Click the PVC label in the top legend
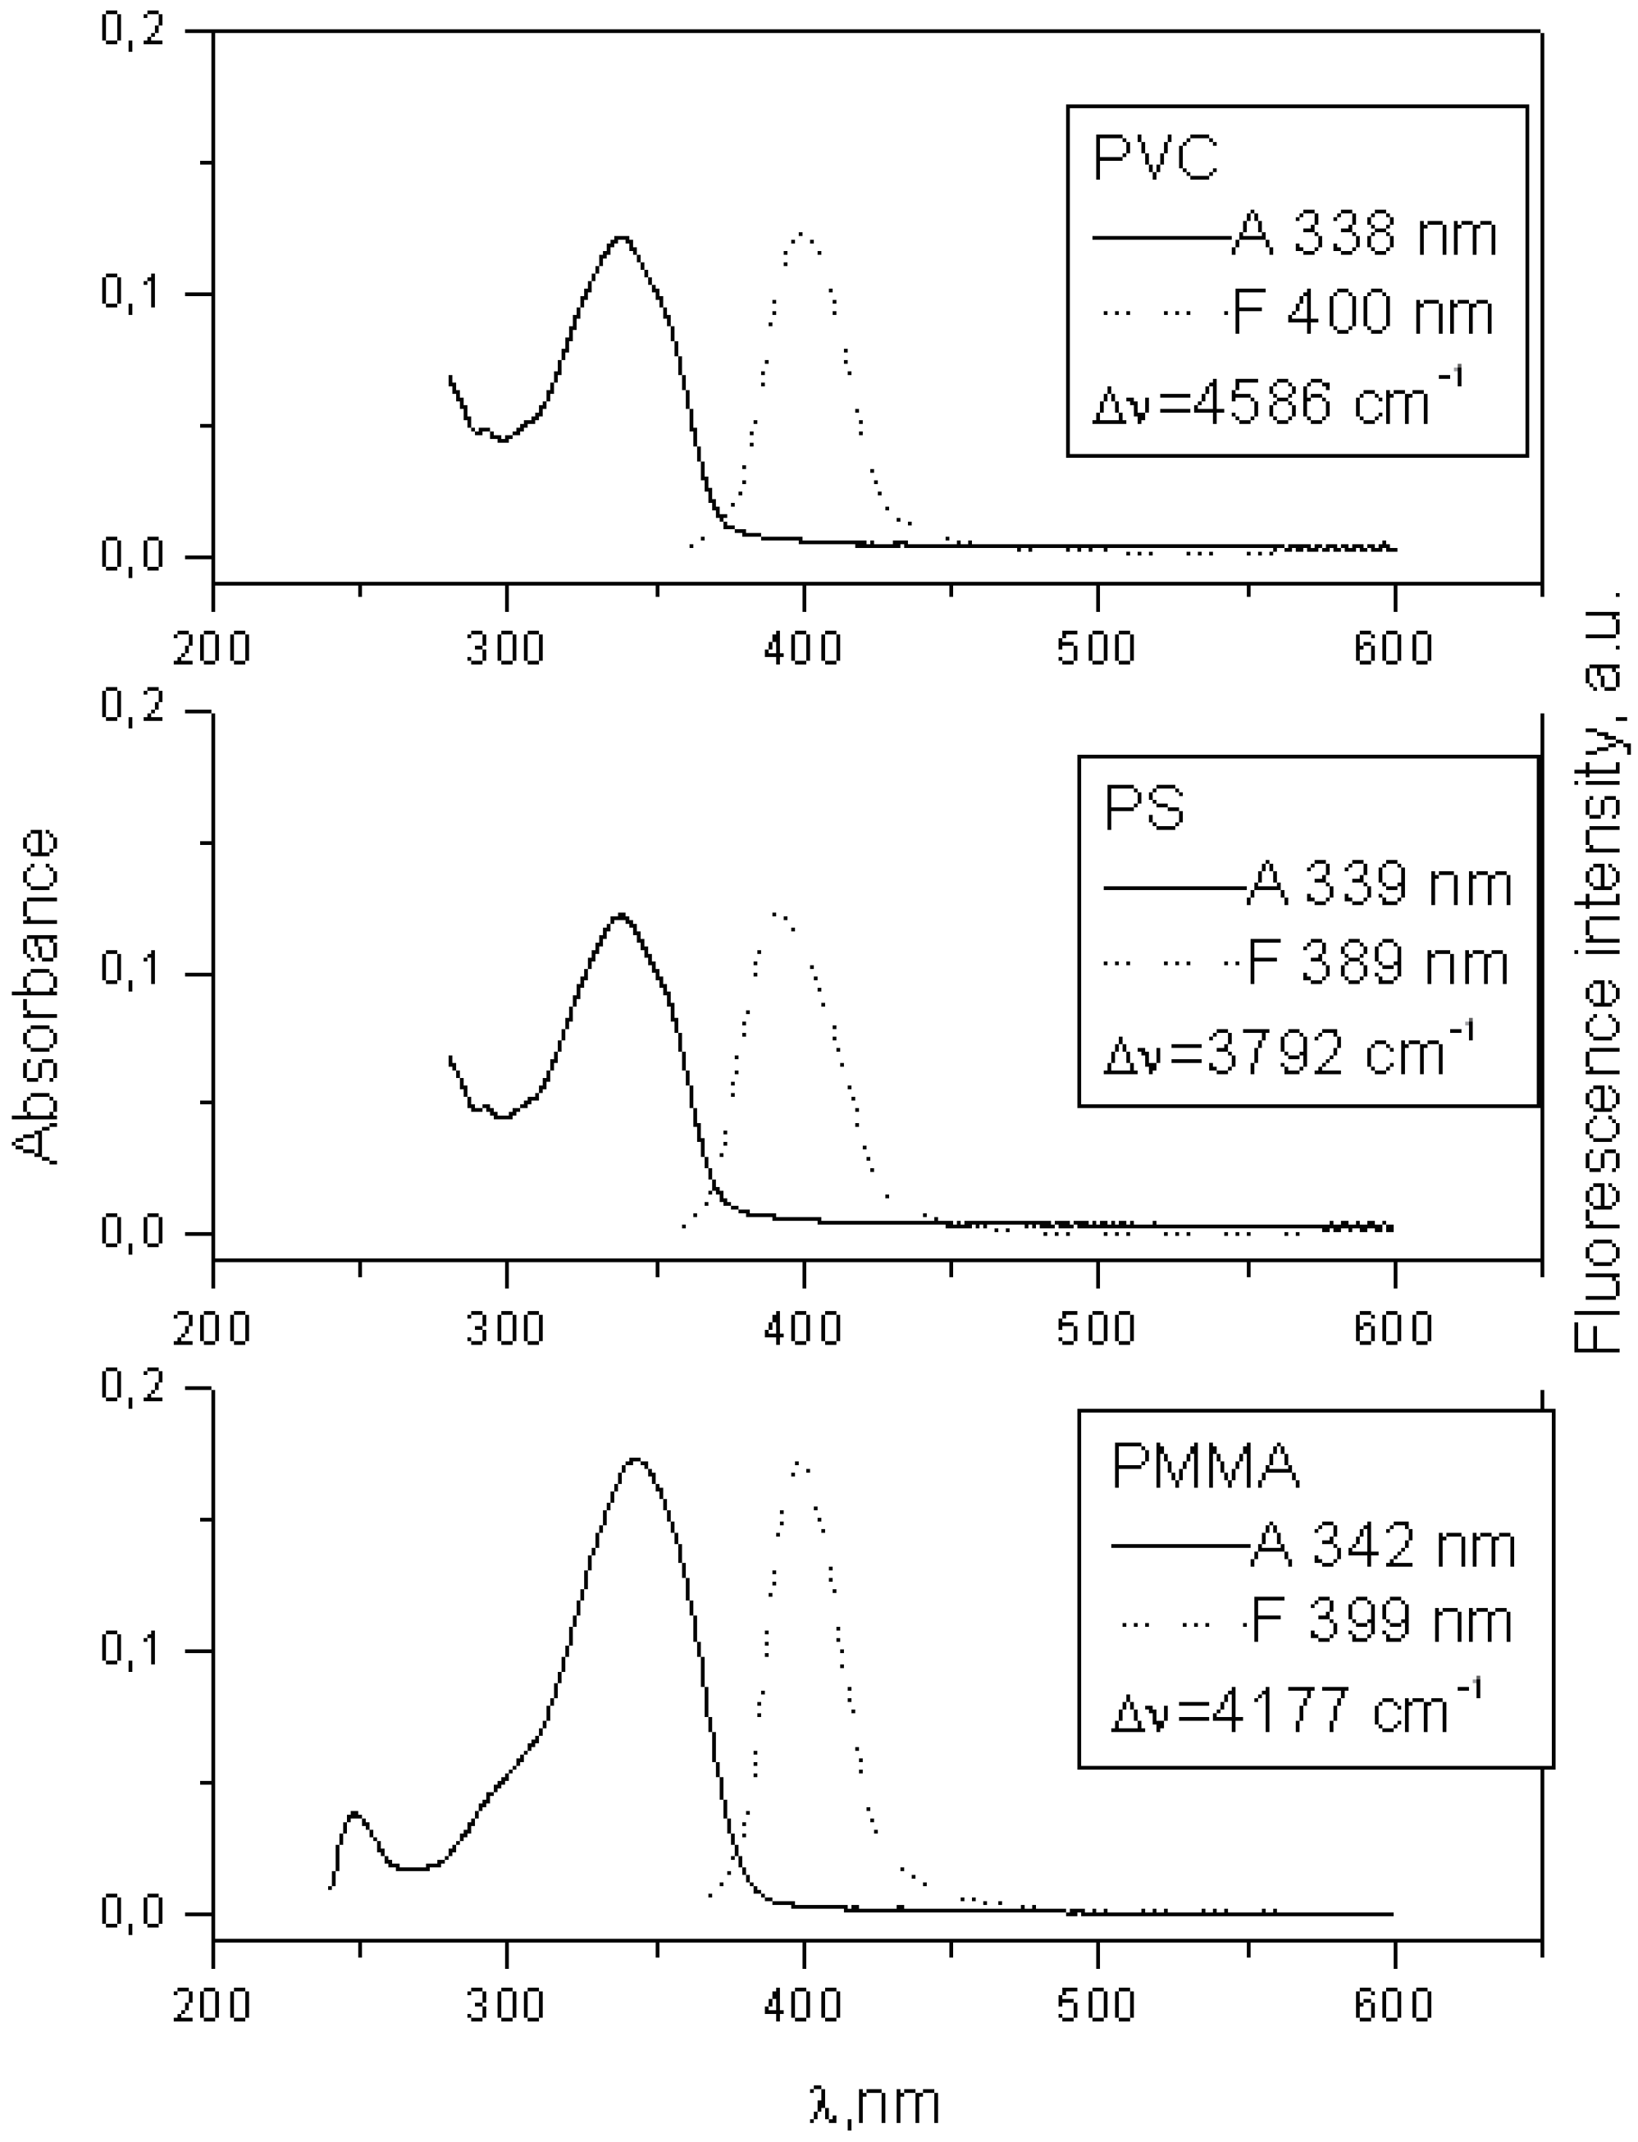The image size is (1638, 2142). (x=1156, y=158)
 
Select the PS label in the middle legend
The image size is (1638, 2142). (x=1143, y=807)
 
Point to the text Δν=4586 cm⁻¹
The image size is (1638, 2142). (x=1277, y=400)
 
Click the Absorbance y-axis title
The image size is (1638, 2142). (x=37, y=995)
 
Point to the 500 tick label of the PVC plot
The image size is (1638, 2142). (x=1097, y=647)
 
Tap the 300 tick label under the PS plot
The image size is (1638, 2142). (x=505, y=1328)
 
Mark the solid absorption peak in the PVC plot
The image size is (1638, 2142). (x=620, y=237)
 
